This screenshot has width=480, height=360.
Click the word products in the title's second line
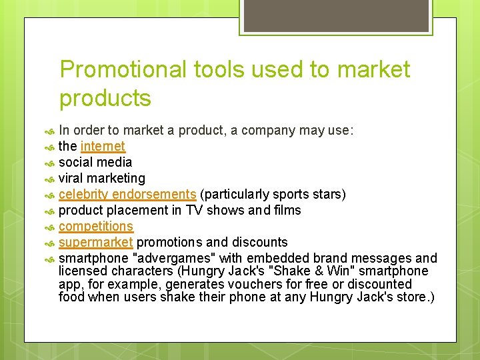pyautogui.click(x=105, y=98)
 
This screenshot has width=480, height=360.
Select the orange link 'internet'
pyautogui.click(x=103, y=146)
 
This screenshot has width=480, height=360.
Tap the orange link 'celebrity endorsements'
pyautogui.click(x=127, y=194)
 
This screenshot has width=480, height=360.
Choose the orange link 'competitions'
pyautogui.click(x=96, y=226)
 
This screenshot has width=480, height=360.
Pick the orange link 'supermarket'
pyautogui.click(x=96, y=242)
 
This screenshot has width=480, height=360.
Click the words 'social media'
pyautogui.click(x=95, y=162)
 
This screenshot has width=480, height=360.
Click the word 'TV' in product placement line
pyautogui.click(x=194, y=210)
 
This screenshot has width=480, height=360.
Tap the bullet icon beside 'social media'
pyautogui.click(x=49, y=163)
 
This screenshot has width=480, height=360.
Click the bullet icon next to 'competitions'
pyautogui.click(x=49, y=227)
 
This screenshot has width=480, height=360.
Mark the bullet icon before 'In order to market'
pyautogui.click(x=49, y=131)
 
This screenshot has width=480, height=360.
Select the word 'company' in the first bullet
pyautogui.click(x=265, y=130)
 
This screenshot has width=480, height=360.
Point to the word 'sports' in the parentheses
pyautogui.click(x=294, y=194)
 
